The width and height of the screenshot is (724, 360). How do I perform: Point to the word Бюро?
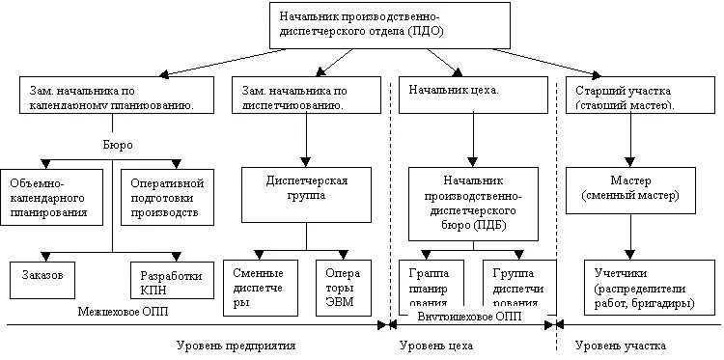116,144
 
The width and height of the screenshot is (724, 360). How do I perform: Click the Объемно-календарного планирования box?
52,196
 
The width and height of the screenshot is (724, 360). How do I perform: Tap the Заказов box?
52,276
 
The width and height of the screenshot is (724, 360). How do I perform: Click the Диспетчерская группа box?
306,188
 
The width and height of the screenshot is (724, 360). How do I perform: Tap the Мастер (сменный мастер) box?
631,188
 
